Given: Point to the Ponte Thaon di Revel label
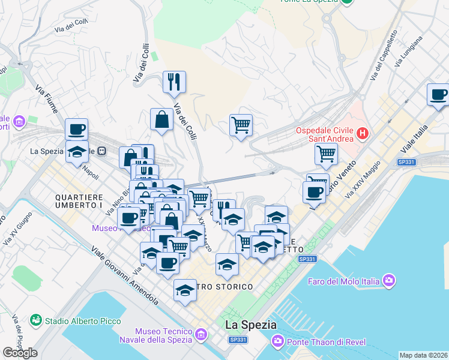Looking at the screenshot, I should pyautogui.click(x=323, y=342).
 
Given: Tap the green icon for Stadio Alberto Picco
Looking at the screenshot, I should pyautogui.click(x=36, y=321).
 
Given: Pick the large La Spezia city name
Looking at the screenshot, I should pyautogui.click(x=251, y=325).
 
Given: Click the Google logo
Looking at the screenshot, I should pyautogui.click(x=20, y=353).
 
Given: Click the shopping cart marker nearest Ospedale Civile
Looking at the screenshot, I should pyautogui.click(x=325, y=154).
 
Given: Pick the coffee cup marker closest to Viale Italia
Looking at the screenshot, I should pyautogui.click(x=439, y=95).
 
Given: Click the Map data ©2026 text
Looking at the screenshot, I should pyautogui.click(x=424, y=355).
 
